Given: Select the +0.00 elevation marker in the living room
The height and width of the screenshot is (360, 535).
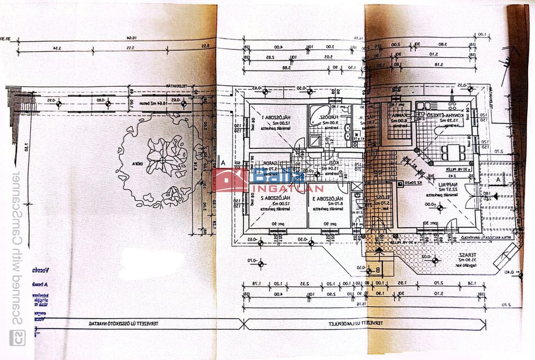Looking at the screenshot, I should click(430, 205).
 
